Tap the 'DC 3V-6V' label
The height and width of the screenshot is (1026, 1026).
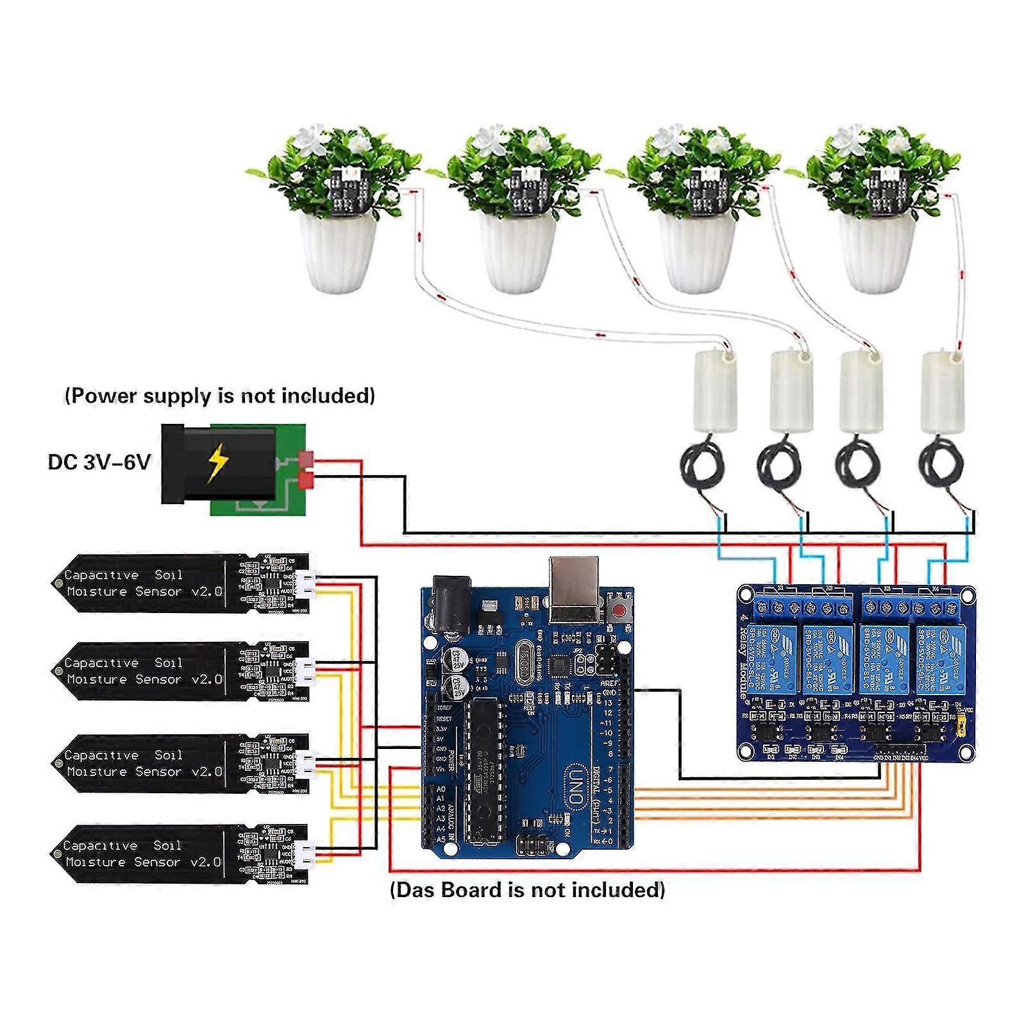click(x=99, y=462)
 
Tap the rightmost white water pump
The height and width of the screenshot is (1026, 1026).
click(x=940, y=391)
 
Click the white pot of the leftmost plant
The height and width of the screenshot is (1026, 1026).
click(x=339, y=253)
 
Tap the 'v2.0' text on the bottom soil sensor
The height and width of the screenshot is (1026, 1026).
click(x=205, y=862)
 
